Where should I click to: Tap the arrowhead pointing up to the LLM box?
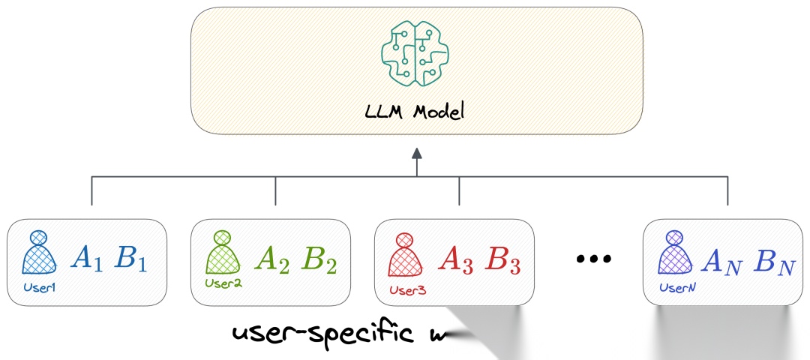(417, 154)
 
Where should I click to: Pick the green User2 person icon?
(220, 253)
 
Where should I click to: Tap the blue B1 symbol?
(132, 259)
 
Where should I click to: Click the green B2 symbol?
(318, 259)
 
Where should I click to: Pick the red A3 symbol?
(456, 259)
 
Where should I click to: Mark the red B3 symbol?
(502, 259)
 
